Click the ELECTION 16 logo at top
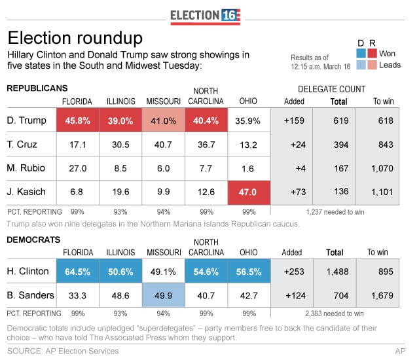click(x=205, y=16)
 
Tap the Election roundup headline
click(x=75, y=38)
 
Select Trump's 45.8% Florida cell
click(x=78, y=120)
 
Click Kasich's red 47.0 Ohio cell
click(x=249, y=192)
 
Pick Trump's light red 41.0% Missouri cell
click(x=163, y=120)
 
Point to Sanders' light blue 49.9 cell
click(x=163, y=295)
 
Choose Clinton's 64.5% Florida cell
click(x=78, y=271)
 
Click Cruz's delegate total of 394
click(x=341, y=145)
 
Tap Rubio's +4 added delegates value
click(x=301, y=168)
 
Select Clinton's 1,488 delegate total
click(x=337, y=272)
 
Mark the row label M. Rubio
click(x=26, y=168)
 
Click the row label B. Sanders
click(x=31, y=295)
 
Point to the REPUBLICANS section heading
click(x=37, y=88)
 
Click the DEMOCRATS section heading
click(x=33, y=240)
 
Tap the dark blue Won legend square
click(x=361, y=54)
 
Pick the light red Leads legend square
click(x=372, y=65)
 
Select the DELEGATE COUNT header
click(x=332, y=89)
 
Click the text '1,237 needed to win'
click(x=335, y=212)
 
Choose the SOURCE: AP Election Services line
click(x=63, y=351)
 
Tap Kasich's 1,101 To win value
click(x=382, y=192)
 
